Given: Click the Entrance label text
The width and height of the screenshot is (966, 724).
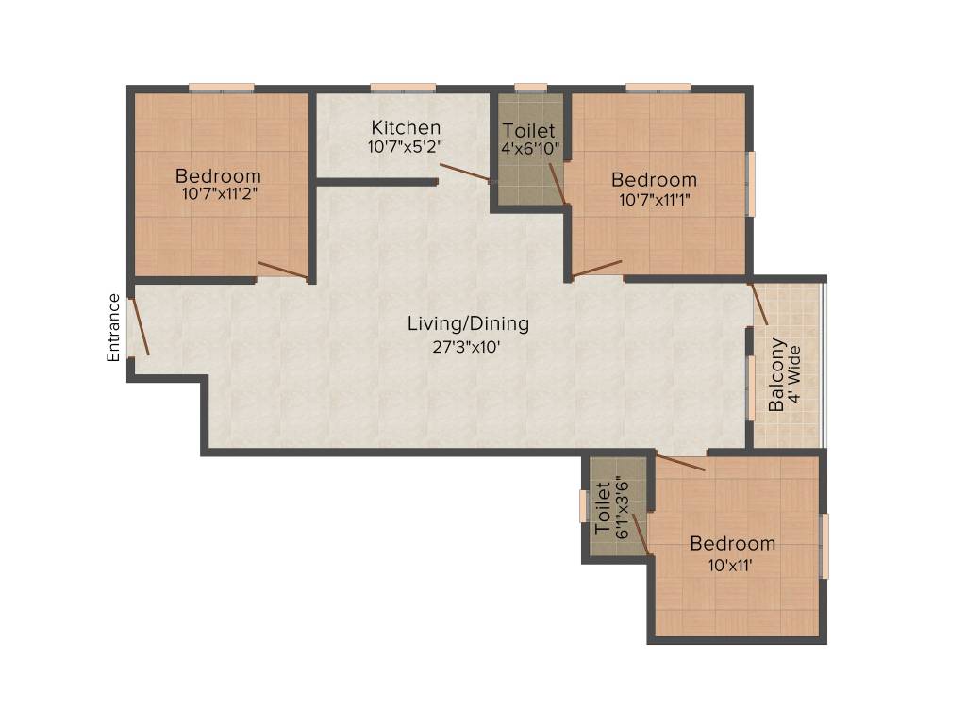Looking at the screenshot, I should pyautogui.click(x=113, y=328).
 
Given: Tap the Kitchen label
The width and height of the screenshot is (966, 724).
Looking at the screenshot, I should pyautogui.click(x=406, y=127).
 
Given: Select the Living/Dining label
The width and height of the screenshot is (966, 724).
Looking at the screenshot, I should pyautogui.click(x=468, y=324).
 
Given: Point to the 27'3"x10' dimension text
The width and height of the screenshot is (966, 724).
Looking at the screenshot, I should pyautogui.click(x=468, y=346).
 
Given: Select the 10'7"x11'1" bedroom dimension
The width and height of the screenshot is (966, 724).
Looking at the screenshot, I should pyautogui.click(x=654, y=199).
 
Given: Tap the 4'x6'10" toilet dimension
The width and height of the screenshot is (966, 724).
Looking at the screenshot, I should pyautogui.click(x=531, y=149).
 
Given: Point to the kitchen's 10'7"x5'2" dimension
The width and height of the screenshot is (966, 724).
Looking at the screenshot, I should pyautogui.click(x=406, y=147).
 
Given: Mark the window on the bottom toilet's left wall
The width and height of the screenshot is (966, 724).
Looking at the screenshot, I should pyautogui.click(x=583, y=506).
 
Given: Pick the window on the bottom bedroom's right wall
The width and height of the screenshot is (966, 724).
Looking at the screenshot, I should pyautogui.click(x=824, y=546).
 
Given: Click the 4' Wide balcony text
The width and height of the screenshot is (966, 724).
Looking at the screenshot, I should pyautogui.click(x=794, y=374).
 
